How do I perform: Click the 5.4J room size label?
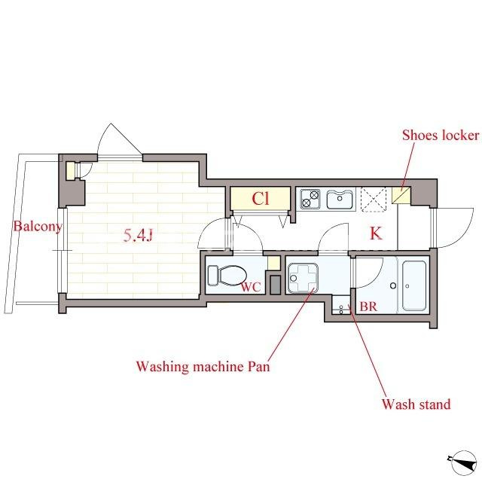pyautogui.click(x=138, y=236)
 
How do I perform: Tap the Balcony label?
pyautogui.click(x=38, y=227)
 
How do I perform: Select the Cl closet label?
pyautogui.click(x=261, y=199)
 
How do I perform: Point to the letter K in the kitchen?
pyautogui.click(x=376, y=233)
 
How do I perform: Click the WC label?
pyautogui.click(x=251, y=287)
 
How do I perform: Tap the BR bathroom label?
pyautogui.click(x=368, y=307)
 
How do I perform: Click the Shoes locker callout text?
pyautogui.click(x=441, y=136)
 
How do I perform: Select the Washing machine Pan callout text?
pyautogui.click(x=203, y=367)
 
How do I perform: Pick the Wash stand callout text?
pyautogui.click(x=416, y=404)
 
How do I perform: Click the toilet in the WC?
pyautogui.click(x=227, y=275)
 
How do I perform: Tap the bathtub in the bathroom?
pyautogui.click(x=414, y=285)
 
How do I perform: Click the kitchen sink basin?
pyautogui.click(x=340, y=200)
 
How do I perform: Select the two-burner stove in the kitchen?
pyautogui.click(x=310, y=199)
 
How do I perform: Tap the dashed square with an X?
pyautogui.click(x=374, y=199)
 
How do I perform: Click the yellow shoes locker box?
pyautogui.click(x=401, y=195)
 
